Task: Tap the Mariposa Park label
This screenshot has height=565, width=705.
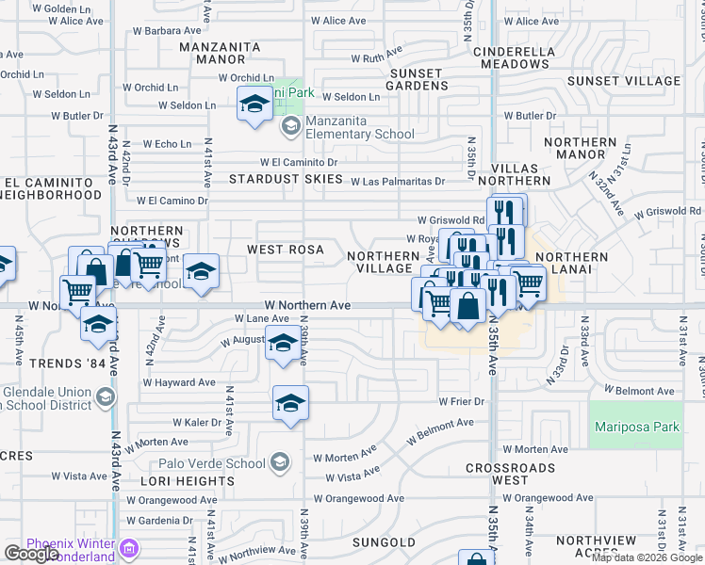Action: [637, 427]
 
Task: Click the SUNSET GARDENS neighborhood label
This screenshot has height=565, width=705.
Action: [416, 79]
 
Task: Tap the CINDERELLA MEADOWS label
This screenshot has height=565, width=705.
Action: [514, 56]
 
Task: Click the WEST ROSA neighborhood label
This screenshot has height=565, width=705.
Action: [286, 250]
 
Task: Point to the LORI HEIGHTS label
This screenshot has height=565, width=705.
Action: [187, 480]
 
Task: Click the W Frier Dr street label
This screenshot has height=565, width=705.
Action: [461, 402]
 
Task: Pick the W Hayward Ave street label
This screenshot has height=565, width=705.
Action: [179, 382]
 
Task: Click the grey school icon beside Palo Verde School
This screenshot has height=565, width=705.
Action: [280, 462]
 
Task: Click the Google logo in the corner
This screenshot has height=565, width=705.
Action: [31, 554]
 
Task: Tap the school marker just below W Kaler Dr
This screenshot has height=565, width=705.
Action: [291, 404]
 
